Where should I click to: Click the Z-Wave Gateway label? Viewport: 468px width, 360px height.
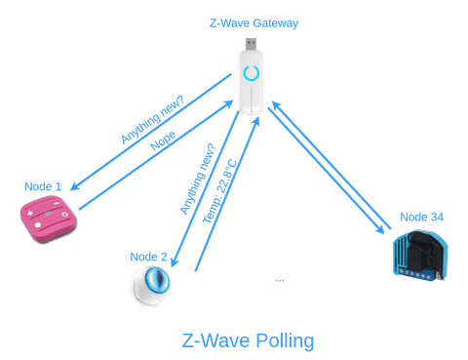pyautogui.click(x=253, y=22)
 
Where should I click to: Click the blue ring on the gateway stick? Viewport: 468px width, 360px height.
pyautogui.click(x=251, y=75)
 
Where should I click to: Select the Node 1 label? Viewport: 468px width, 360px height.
pyautogui.click(x=43, y=185)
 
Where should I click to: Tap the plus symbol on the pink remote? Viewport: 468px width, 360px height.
pyautogui.click(x=31, y=212)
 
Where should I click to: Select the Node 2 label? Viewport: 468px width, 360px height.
pyautogui.click(x=149, y=257)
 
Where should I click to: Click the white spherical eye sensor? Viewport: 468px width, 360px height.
pyautogui.click(x=151, y=286)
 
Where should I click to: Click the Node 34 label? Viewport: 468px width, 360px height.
pyautogui.click(x=421, y=217)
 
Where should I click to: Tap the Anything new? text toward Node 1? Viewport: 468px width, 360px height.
pyautogui.click(x=151, y=117)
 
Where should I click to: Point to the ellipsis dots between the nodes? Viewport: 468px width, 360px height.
pyautogui.click(x=280, y=281)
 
